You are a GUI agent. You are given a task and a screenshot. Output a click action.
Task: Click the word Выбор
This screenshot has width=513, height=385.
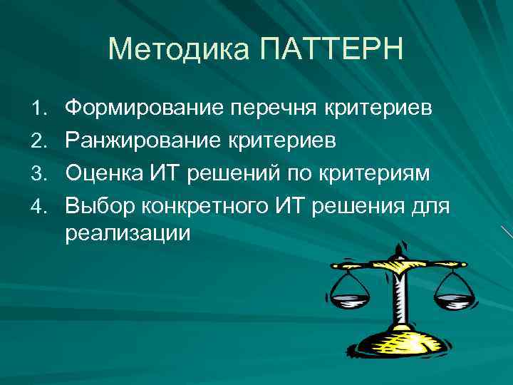coord(100,205)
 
